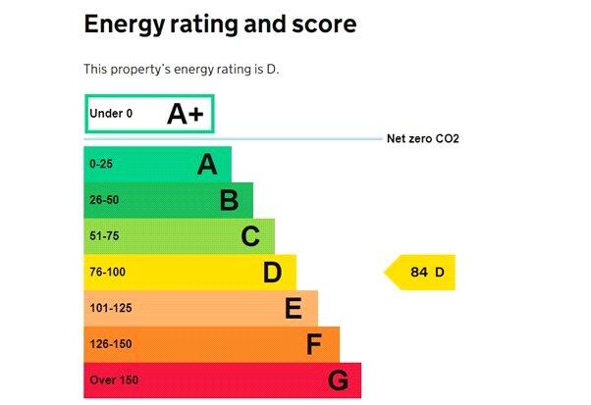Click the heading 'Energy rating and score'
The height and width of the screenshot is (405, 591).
coord(220,24)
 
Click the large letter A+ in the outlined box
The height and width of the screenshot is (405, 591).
coord(185,114)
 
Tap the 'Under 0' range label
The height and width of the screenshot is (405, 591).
coord(110,114)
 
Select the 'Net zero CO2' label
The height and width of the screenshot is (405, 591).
coord(423,139)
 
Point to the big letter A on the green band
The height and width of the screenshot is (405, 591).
coord(206,164)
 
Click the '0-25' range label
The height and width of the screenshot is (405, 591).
coord(100,165)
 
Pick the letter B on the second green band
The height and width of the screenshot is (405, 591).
coord(229,201)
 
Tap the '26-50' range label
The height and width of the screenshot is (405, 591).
coord(103,201)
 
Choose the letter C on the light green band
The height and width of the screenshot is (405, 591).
coord(250,236)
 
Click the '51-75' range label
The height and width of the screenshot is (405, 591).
coord(103,236)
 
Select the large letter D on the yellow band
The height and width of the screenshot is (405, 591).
coord(272,273)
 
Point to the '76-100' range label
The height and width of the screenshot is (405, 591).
coord(107,273)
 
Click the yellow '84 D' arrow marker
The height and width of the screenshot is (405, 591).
coord(422,273)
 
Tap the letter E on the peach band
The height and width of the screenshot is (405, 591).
coord(294,309)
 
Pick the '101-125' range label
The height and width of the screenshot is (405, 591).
coord(110,309)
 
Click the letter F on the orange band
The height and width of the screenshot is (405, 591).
coord(314,344)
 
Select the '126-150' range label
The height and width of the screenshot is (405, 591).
coord(110,344)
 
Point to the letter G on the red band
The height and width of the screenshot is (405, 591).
coord(338,380)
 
